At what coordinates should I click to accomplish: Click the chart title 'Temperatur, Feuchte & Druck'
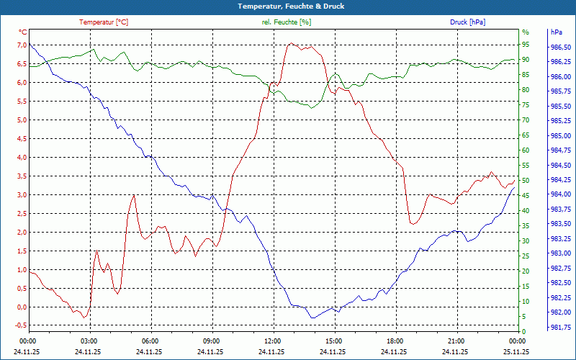pyautogui.click(x=288, y=6)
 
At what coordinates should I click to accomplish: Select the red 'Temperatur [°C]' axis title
pyautogui.click(x=104, y=22)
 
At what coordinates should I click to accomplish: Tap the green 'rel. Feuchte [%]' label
pyautogui.click(x=287, y=22)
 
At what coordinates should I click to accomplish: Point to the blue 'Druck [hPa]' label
pyautogui.click(x=467, y=22)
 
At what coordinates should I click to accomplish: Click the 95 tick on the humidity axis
pyautogui.click(x=526, y=45)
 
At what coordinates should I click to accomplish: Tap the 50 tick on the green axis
pyautogui.click(x=526, y=180)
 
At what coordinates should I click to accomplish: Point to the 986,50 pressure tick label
pyautogui.click(x=560, y=48)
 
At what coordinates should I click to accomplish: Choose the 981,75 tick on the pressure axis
pyautogui.click(x=560, y=327)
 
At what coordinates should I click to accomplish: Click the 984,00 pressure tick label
pyautogui.click(x=560, y=194)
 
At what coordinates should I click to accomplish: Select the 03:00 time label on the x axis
pyautogui.click(x=89, y=341)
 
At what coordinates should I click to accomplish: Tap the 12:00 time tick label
pyautogui.click(x=273, y=341)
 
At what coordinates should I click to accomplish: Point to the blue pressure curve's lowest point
pyautogui.click(x=312, y=318)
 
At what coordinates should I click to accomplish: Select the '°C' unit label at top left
pyautogui.click(x=23, y=32)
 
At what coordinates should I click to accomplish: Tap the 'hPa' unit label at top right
pyautogui.click(x=556, y=32)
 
